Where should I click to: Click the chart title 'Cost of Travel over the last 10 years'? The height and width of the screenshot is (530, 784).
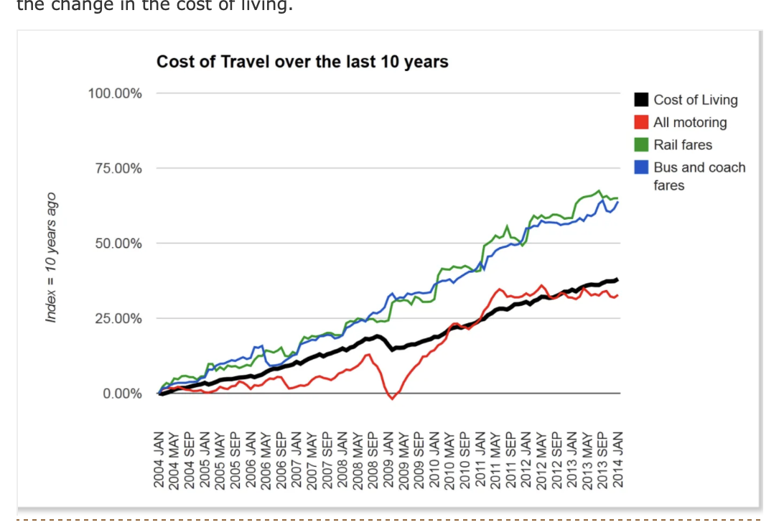point(302,62)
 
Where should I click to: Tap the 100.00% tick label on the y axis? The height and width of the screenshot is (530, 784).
point(115,93)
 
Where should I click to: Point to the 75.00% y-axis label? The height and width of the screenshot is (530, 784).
point(118,169)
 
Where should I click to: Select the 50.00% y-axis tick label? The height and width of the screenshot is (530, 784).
point(118,243)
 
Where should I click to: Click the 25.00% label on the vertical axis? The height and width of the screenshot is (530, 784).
point(118,318)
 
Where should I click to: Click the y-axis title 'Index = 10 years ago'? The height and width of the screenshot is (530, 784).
point(51,257)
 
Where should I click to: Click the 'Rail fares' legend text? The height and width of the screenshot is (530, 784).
point(683,145)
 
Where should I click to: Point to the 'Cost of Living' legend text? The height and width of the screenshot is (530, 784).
point(695,101)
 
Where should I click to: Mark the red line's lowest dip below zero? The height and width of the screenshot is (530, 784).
point(392,399)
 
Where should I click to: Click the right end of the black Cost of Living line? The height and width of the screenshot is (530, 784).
point(617,279)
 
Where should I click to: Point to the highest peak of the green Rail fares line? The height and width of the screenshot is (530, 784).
point(599,191)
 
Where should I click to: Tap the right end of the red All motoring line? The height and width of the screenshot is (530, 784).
point(617,295)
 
